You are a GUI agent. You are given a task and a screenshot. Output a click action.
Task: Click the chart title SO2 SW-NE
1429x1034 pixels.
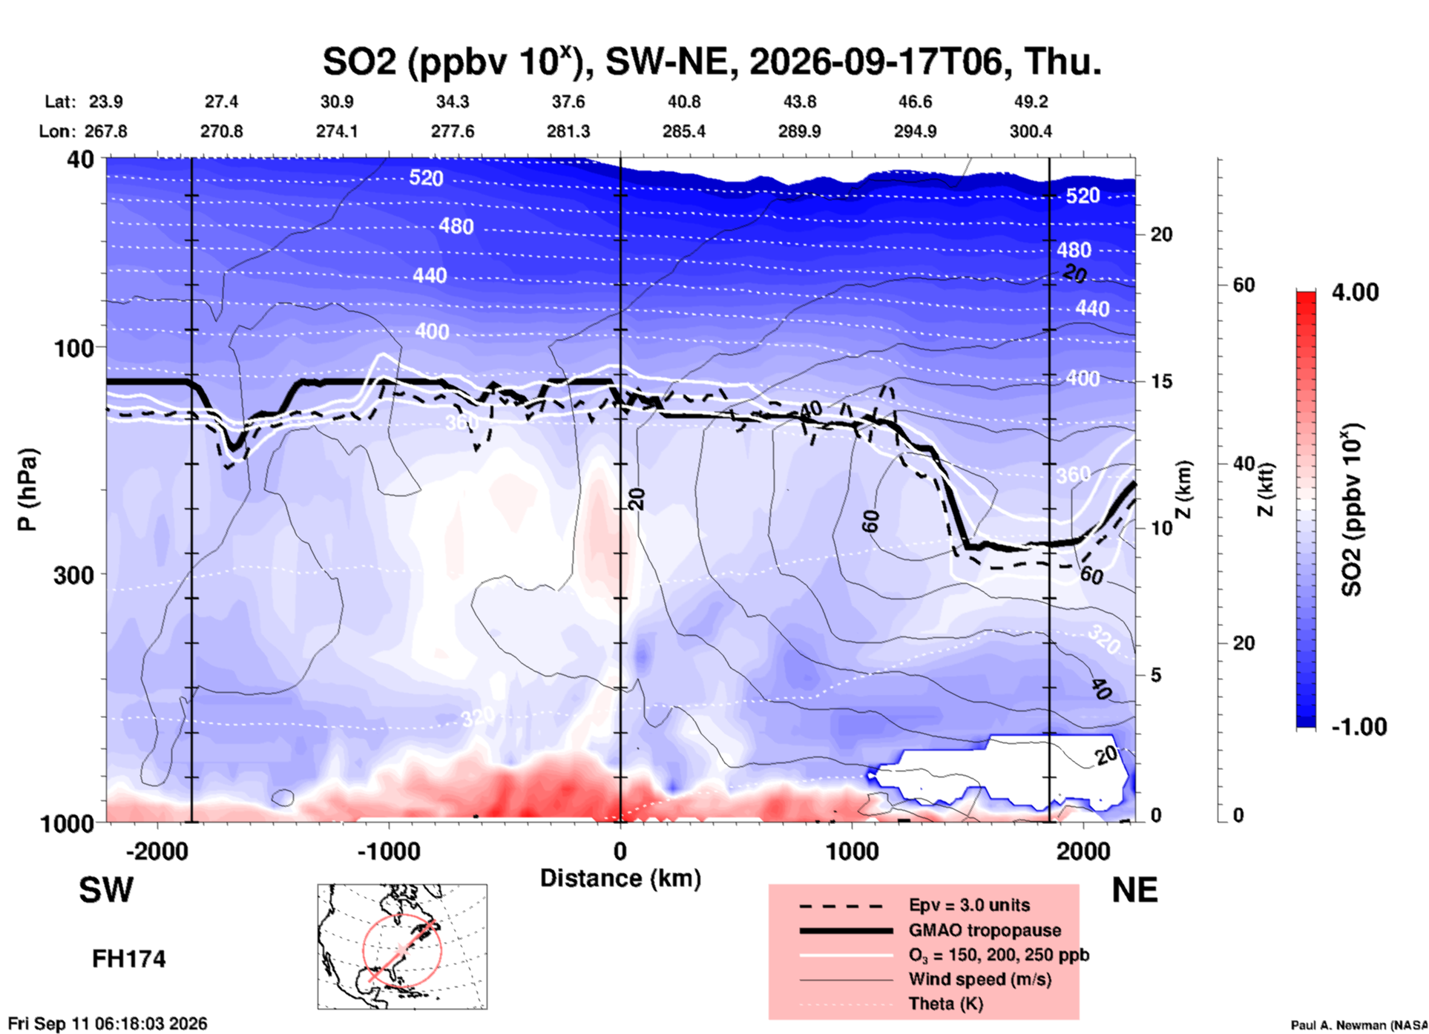712,62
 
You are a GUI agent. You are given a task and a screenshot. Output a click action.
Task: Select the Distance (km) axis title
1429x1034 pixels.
620,878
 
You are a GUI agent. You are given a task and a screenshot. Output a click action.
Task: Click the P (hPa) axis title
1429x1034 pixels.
27,490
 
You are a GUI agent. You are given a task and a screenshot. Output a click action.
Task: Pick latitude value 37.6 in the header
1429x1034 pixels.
568,102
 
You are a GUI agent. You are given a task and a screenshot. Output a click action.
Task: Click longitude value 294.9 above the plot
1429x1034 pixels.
915,131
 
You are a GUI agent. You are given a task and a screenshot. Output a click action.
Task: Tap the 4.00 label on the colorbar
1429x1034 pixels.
1355,292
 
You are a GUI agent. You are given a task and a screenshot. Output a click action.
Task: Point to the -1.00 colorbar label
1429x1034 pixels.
1359,727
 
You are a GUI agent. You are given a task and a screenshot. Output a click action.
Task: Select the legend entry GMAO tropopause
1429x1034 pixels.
985,930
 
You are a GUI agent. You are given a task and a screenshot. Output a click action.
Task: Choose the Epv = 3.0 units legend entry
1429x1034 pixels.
969,905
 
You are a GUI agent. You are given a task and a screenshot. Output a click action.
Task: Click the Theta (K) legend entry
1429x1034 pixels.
945,1004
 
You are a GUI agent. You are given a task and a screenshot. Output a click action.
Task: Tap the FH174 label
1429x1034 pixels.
128,959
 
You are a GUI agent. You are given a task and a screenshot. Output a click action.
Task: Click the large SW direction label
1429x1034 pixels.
106,890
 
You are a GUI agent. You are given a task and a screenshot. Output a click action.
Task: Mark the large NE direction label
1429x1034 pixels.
1134,890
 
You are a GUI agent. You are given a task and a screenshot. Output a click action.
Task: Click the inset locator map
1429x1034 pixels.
402,946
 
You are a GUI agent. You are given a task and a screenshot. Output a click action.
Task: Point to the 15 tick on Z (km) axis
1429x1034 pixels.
1161,381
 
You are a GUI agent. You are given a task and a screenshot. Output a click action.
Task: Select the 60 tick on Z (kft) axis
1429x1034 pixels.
1244,285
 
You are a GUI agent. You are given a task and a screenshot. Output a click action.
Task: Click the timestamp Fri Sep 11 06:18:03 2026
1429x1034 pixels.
108,1024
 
